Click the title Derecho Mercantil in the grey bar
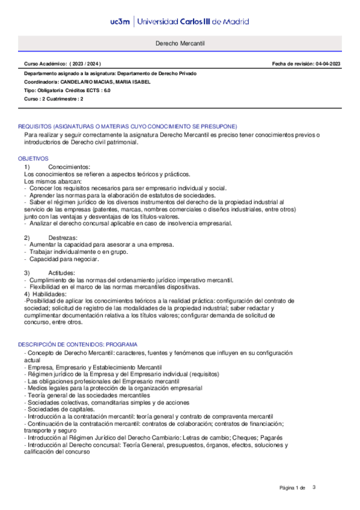pos(180,45)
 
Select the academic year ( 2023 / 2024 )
pos(85,64)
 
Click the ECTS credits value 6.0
pos(106,90)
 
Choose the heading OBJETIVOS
pos(33,158)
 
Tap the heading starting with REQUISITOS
pos(127,126)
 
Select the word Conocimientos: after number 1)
pos(69,167)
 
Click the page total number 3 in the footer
pos(314,487)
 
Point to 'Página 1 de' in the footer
pos(293,487)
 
